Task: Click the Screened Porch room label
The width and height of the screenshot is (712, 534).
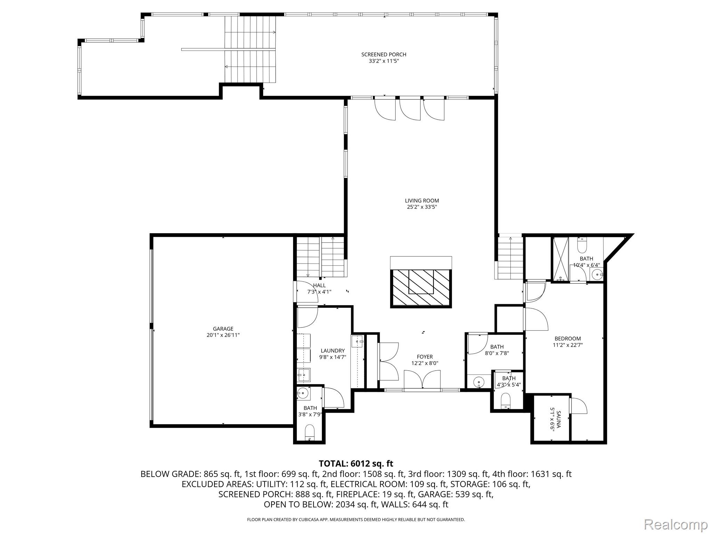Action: [383, 55]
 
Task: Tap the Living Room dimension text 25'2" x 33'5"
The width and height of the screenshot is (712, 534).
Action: [422, 207]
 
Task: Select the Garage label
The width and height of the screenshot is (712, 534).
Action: [223, 329]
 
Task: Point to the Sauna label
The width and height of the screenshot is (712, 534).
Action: [559, 419]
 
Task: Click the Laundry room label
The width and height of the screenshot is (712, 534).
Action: [332, 351]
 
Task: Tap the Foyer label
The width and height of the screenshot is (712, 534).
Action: [424, 357]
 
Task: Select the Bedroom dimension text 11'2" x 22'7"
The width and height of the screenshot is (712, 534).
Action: [567, 345]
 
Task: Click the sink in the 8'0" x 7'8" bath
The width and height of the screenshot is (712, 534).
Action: [479, 382]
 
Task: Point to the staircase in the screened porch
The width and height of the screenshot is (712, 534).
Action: [250, 49]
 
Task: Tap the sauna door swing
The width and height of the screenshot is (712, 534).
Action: [578, 406]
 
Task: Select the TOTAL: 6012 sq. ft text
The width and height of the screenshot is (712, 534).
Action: [356, 463]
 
